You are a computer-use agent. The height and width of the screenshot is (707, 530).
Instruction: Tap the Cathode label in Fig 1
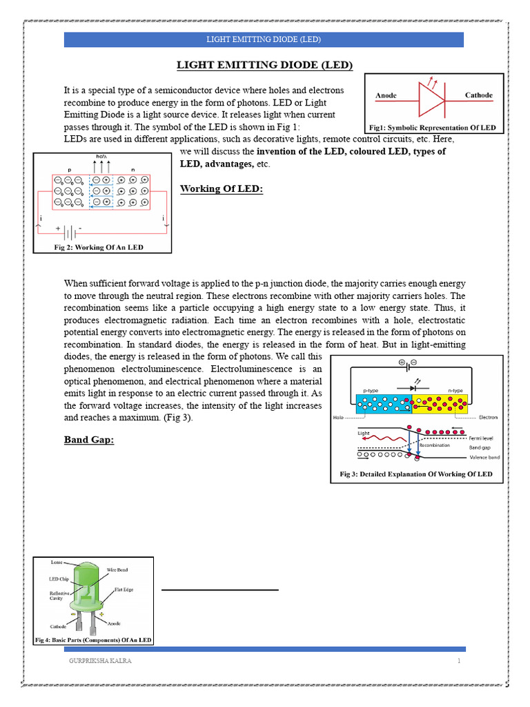pyautogui.click(x=478, y=95)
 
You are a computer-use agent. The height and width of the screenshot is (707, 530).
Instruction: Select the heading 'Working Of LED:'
pyautogui.click(x=222, y=188)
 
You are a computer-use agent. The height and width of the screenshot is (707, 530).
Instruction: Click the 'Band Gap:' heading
pyautogui.click(x=88, y=439)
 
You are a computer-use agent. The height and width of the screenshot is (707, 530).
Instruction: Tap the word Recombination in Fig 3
pyautogui.click(x=435, y=445)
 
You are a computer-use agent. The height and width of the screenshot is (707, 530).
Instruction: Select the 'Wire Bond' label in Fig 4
pyautogui.click(x=117, y=570)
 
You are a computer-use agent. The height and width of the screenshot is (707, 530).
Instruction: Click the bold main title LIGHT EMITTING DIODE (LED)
pyautogui.click(x=265, y=65)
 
